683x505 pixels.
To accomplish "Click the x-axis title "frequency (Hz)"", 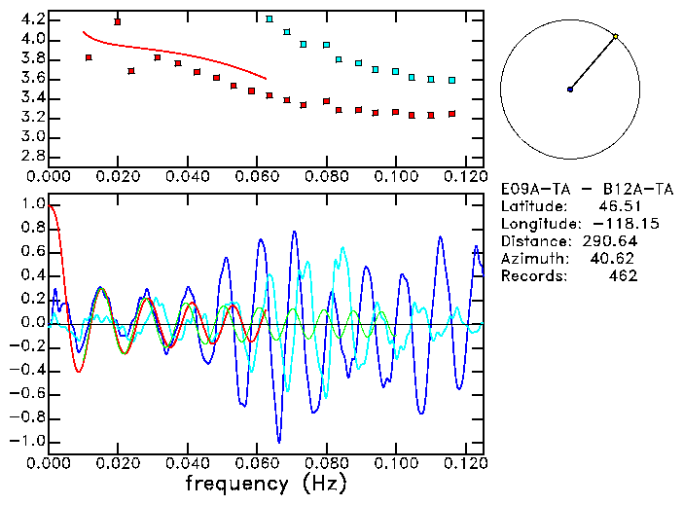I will (265, 483).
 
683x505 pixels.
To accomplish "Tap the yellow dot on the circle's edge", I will (615, 37).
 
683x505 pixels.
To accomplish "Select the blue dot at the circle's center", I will (570, 90).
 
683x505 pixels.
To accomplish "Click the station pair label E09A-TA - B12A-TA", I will (571, 188).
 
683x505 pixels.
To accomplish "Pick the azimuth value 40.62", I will (614, 258).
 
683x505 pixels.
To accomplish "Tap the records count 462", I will (623, 275).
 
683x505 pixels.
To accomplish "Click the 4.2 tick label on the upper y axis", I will (32, 19).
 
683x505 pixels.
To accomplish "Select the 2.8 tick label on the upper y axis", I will (32, 156).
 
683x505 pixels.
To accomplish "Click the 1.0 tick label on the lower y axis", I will (32, 204).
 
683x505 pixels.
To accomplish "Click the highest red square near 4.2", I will (118, 21).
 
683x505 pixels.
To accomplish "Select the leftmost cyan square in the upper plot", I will (270, 18).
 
